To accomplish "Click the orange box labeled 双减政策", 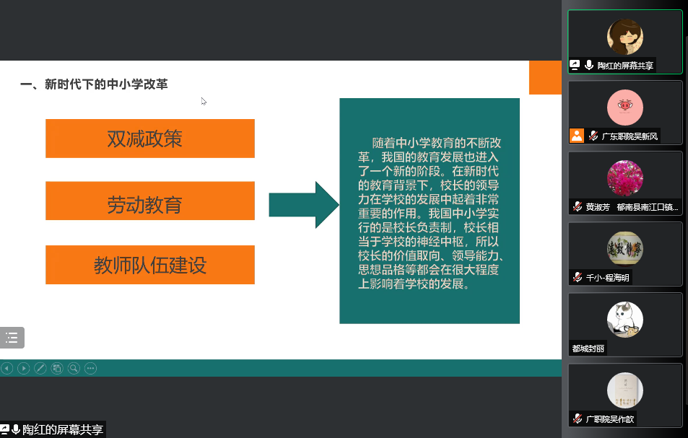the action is [150, 139].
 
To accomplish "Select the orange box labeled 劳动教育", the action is [150, 201].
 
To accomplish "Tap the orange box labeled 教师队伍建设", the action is [150, 265].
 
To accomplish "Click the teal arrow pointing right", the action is [304, 205].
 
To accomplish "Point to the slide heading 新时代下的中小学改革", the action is [106, 84].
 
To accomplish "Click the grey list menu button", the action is [12, 338].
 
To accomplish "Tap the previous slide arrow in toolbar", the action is [7, 368].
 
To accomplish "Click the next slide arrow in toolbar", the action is [24, 368].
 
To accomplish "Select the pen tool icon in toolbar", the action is [40, 368].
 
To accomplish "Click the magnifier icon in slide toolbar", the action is [74, 368].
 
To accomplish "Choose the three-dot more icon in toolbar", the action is [90, 368].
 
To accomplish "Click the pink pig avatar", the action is [624, 108].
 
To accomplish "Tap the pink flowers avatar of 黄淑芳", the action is [624, 178].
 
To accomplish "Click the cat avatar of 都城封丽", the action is [624, 320].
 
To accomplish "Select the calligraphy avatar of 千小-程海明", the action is [624, 249].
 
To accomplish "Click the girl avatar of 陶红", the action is [624, 37].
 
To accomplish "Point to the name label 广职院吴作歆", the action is [610, 419].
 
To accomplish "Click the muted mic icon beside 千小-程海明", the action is [578, 277].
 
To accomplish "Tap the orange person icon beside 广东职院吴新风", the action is [577, 136].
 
